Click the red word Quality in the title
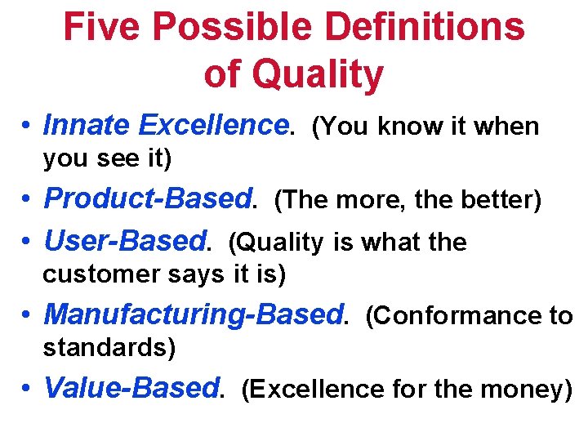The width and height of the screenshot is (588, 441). (317, 73)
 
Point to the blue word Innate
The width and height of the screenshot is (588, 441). (87, 126)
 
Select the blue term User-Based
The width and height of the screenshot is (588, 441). (126, 242)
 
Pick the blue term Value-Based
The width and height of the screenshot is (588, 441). (131, 389)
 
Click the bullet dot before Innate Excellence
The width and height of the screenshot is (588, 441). (28, 127)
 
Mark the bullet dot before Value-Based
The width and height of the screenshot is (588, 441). (28, 390)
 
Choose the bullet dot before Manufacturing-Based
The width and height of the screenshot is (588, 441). (28, 316)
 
